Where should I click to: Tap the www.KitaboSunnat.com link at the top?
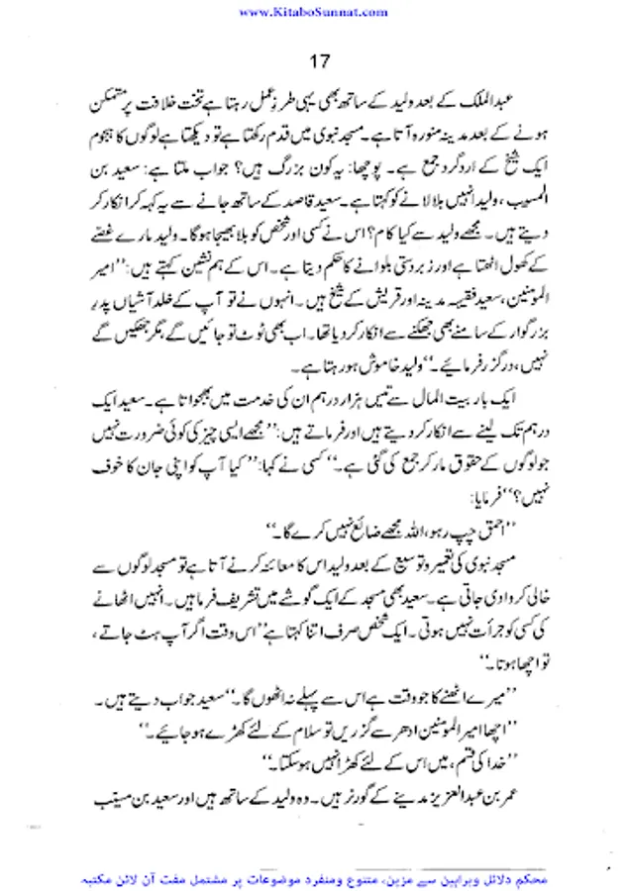click(x=313, y=11)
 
